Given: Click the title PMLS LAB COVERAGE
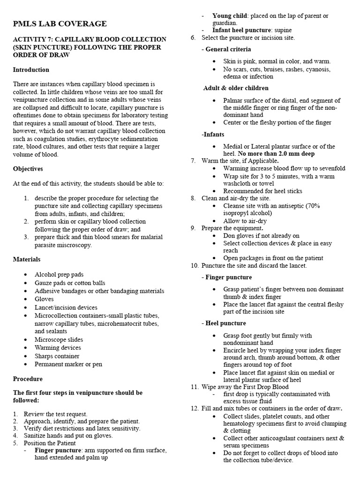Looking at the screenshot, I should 60,23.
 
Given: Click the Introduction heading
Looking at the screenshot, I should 31,70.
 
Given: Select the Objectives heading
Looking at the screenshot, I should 28,169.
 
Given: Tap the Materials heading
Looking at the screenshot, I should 27,259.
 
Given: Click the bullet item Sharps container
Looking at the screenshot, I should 61,356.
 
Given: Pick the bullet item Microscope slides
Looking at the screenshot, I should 59,340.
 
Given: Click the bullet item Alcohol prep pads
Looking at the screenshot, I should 59,275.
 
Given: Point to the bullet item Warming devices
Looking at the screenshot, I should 58,348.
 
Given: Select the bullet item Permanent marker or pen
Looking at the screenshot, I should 68,364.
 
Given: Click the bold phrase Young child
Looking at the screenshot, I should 230,16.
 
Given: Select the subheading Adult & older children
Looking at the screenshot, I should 236,88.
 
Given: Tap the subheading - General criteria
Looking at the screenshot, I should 226,49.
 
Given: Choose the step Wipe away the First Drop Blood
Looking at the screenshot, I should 245,387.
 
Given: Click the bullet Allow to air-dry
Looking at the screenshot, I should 246,220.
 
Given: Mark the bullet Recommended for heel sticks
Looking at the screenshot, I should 262,191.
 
